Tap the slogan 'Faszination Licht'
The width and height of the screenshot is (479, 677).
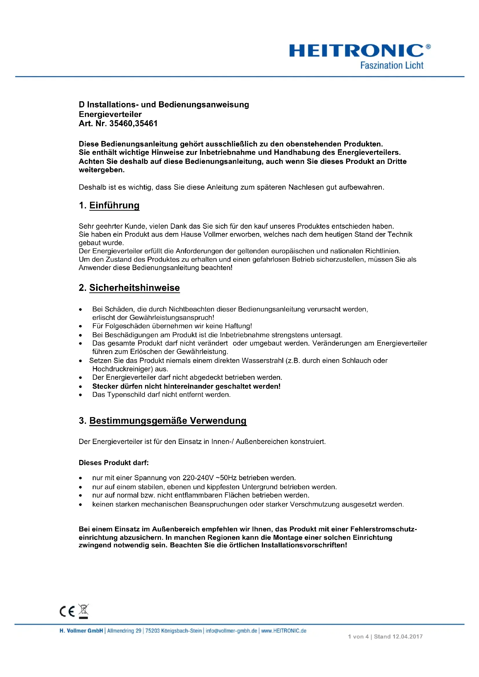pos(392,65)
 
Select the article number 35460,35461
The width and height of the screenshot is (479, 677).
pos(133,124)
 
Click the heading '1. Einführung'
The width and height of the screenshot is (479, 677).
pos(109,205)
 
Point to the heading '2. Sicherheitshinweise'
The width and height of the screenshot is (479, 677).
pos(129,287)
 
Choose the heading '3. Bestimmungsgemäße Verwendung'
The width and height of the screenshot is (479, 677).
pos(162,421)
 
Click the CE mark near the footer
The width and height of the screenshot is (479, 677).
pos(67,611)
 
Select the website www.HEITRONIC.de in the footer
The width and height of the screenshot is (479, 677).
pos(284,631)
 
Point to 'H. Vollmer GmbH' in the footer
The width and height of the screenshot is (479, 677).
pos(81,631)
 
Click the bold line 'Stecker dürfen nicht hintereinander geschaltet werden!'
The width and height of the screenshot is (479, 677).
pos(186,386)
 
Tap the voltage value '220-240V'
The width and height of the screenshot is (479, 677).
pos(198,478)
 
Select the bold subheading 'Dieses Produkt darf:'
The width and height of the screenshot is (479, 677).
pos(114,463)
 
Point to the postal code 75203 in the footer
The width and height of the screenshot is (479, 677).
pos(153,631)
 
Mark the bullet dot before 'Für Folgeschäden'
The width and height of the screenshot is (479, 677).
pos(80,326)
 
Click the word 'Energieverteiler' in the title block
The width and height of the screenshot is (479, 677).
pos(110,114)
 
